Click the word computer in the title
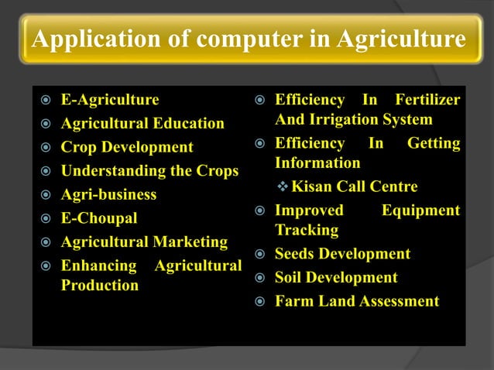click(x=238, y=39)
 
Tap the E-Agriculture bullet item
click(x=110, y=100)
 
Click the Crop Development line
click(x=127, y=147)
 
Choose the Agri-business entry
click(x=108, y=194)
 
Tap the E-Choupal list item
click(x=99, y=218)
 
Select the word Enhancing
click(x=99, y=266)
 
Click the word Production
click(x=100, y=285)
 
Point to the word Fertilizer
click(x=427, y=100)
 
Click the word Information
click(x=317, y=163)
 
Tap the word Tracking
click(x=307, y=230)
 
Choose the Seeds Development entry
click(x=342, y=254)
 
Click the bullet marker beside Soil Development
click(x=260, y=278)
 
